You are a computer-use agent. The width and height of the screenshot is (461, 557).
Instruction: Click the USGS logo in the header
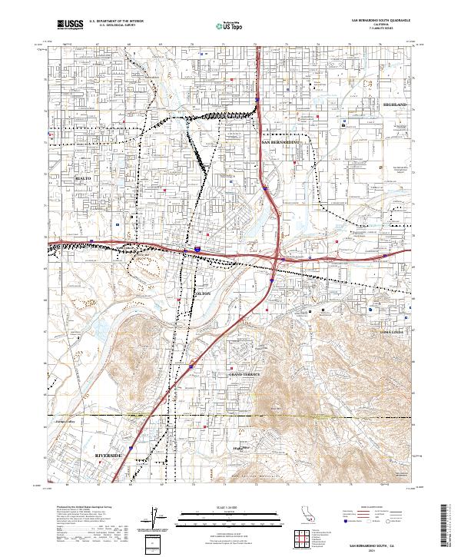(70, 25)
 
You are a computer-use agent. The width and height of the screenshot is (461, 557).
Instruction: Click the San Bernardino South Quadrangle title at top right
(380, 21)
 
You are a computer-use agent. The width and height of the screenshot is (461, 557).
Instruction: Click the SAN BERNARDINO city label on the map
(280, 143)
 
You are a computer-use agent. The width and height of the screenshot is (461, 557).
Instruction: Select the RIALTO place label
(82, 177)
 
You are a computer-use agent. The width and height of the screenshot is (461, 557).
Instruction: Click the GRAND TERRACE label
(240, 373)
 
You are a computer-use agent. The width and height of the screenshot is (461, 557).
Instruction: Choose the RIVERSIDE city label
(108, 456)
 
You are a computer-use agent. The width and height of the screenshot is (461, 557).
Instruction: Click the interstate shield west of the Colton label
(197, 250)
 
